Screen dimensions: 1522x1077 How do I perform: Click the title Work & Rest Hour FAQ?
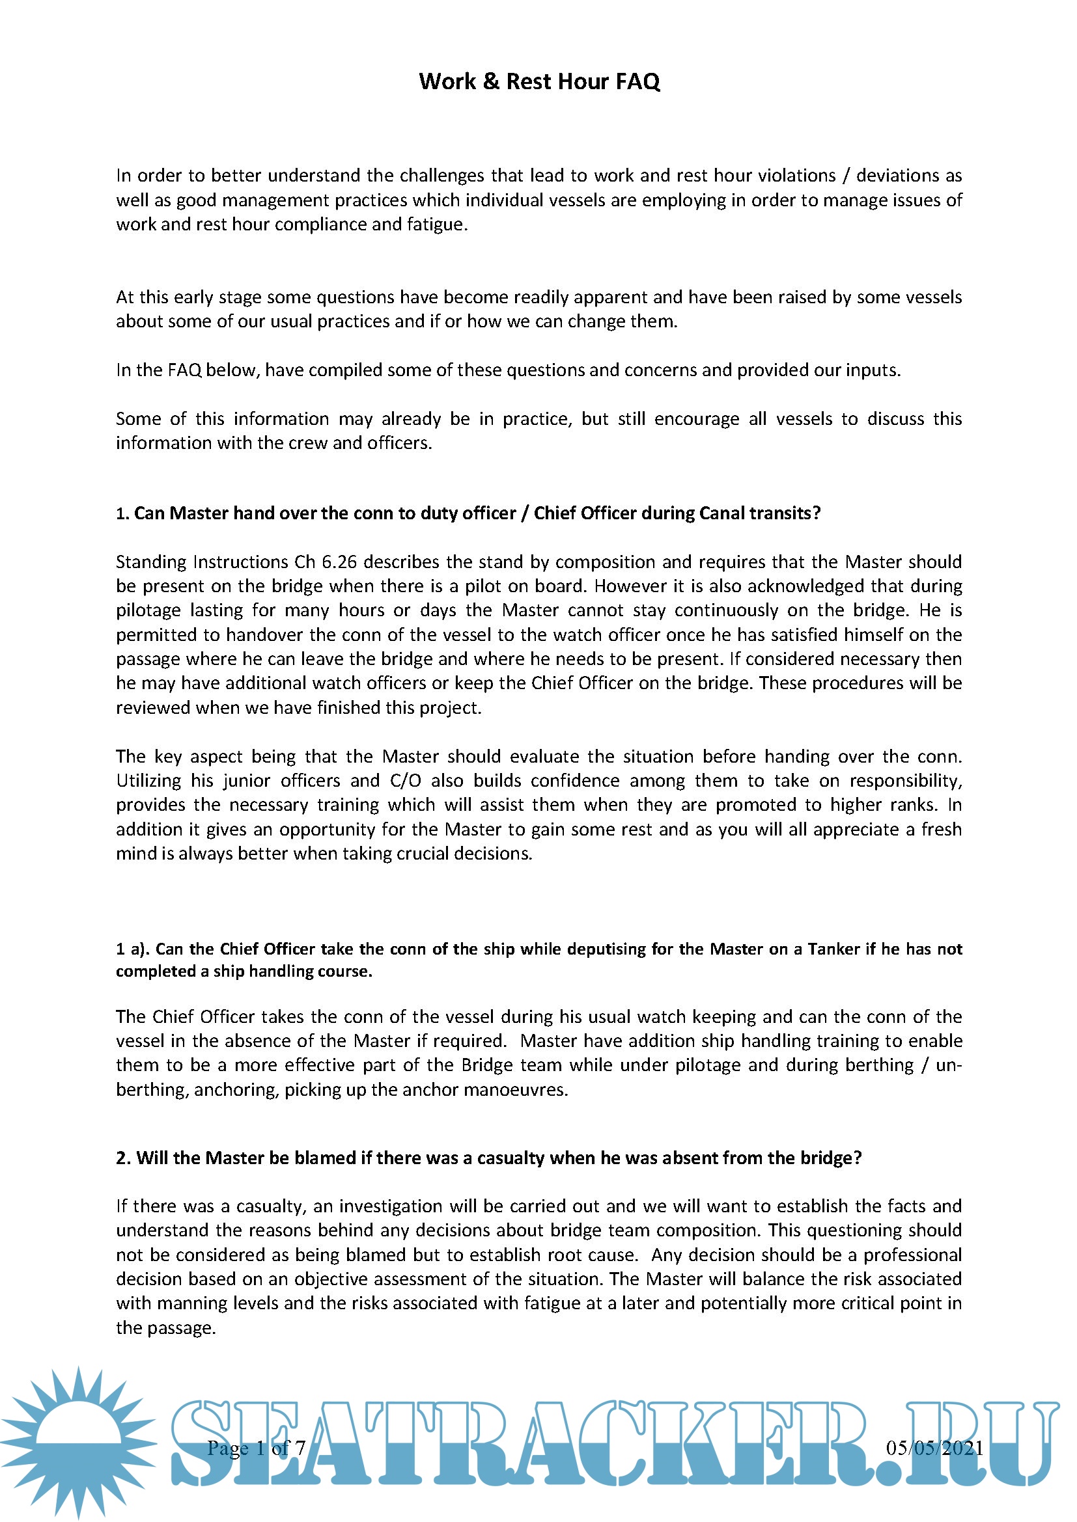(539, 81)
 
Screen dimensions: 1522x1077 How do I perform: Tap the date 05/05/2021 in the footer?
(934, 1448)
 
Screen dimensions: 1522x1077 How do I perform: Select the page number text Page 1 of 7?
(256, 1448)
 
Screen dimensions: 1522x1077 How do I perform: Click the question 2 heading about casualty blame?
(489, 1158)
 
